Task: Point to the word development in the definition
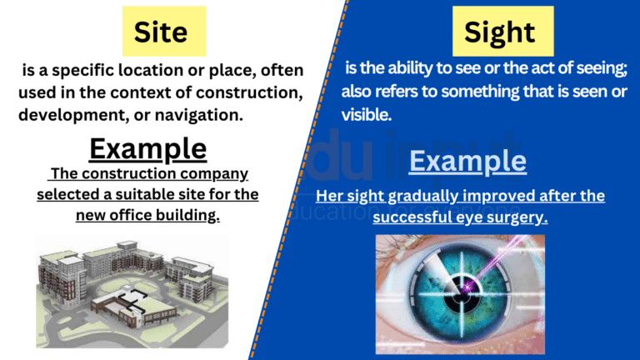67,113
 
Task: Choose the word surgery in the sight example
520,217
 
